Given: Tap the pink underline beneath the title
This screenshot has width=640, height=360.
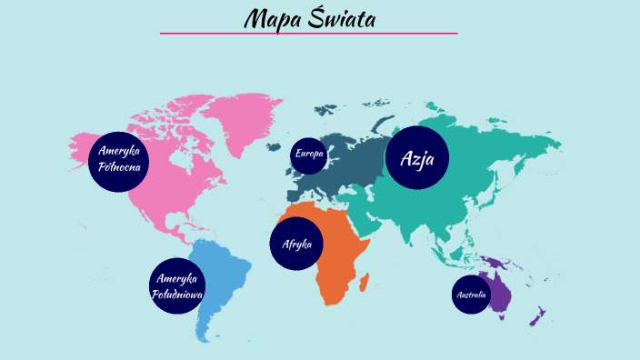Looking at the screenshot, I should coord(308,34).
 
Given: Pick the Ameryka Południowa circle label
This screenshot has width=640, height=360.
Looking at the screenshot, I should coord(178,286).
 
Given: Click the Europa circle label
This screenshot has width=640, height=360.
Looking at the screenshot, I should coord(308,155).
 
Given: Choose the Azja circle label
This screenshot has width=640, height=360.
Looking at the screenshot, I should coord(417,159).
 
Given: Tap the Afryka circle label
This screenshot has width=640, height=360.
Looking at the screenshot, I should coord(297,244).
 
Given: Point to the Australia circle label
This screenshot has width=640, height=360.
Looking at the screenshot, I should coord(471,295).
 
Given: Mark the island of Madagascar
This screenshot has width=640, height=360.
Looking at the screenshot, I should coord(365,283).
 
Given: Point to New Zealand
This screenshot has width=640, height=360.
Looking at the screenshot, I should coord(538,317).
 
